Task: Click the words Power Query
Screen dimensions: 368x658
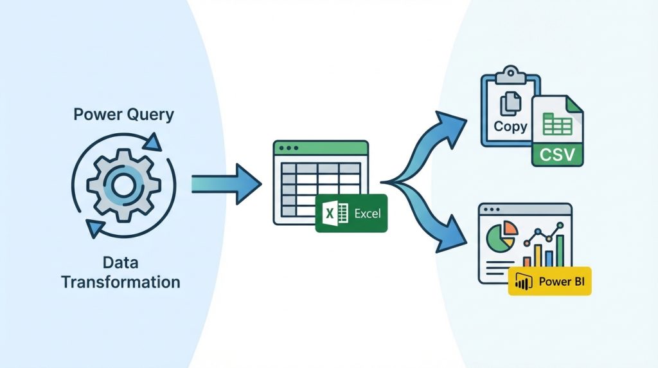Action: pyautogui.click(x=123, y=115)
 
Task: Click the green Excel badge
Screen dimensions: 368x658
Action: pyautogui.click(x=351, y=213)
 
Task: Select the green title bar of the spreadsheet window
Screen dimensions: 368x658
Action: pyautogui.click(x=321, y=147)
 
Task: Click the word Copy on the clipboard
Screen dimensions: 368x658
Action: pyautogui.click(x=511, y=126)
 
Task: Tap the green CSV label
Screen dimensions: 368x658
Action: pyautogui.click(x=557, y=154)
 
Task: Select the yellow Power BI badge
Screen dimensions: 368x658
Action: pyautogui.click(x=549, y=281)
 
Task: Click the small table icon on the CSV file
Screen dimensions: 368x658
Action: pyautogui.click(x=553, y=124)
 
